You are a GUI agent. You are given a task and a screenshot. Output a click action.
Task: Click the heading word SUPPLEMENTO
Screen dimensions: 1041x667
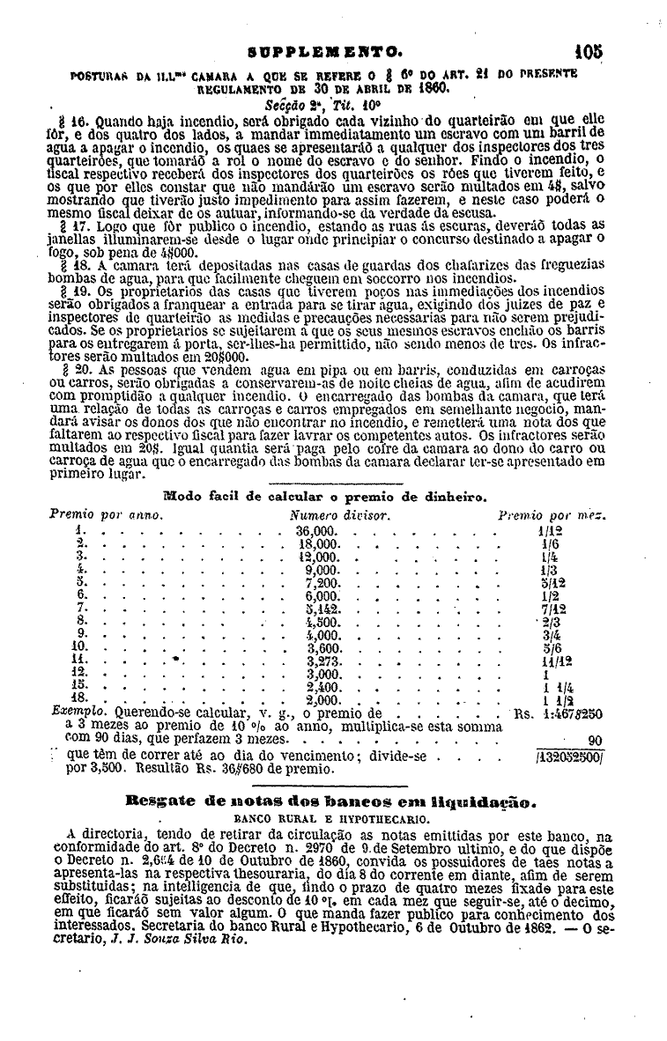[330, 53]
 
